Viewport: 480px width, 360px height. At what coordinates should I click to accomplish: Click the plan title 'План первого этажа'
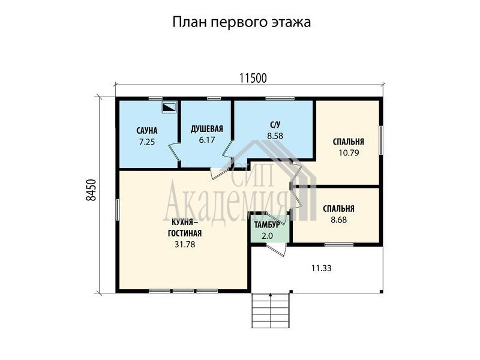pos(242,22)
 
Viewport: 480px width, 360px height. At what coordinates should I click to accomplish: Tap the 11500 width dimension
pos(253,79)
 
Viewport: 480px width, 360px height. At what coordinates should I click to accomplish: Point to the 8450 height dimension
pos(91,190)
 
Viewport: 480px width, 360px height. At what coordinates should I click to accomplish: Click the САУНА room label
pos(147,131)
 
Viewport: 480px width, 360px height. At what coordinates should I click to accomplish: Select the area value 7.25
pos(147,142)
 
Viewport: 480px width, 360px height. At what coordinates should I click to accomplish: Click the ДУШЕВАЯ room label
pos(207,129)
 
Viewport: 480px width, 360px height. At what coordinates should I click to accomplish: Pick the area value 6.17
pos(207,140)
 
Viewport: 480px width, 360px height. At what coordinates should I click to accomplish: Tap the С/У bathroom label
pos(275,125)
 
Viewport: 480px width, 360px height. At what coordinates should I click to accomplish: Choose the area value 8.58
pos(275,136)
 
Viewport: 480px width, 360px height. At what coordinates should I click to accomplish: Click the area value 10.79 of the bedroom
pos(349,152)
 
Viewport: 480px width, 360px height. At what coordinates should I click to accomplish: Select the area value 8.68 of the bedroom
pos(339,220)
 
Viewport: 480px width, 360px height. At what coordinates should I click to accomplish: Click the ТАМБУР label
pos(267,225)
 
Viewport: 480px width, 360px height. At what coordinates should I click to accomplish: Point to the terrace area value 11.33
pos(322,268)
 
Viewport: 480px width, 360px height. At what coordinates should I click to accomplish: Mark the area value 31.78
pos(185,244)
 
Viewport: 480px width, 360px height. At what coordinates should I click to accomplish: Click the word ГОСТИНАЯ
pos(185,233)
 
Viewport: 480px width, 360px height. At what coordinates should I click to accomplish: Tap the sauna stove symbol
pos(169,107)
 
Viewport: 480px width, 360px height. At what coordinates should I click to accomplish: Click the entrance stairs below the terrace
pos(271,310)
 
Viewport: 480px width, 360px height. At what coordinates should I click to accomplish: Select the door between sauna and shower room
pos(175,152)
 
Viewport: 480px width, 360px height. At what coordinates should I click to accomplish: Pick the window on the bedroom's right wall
pos(381,140)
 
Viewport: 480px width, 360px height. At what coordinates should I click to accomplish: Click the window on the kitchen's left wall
pos(118,209)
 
